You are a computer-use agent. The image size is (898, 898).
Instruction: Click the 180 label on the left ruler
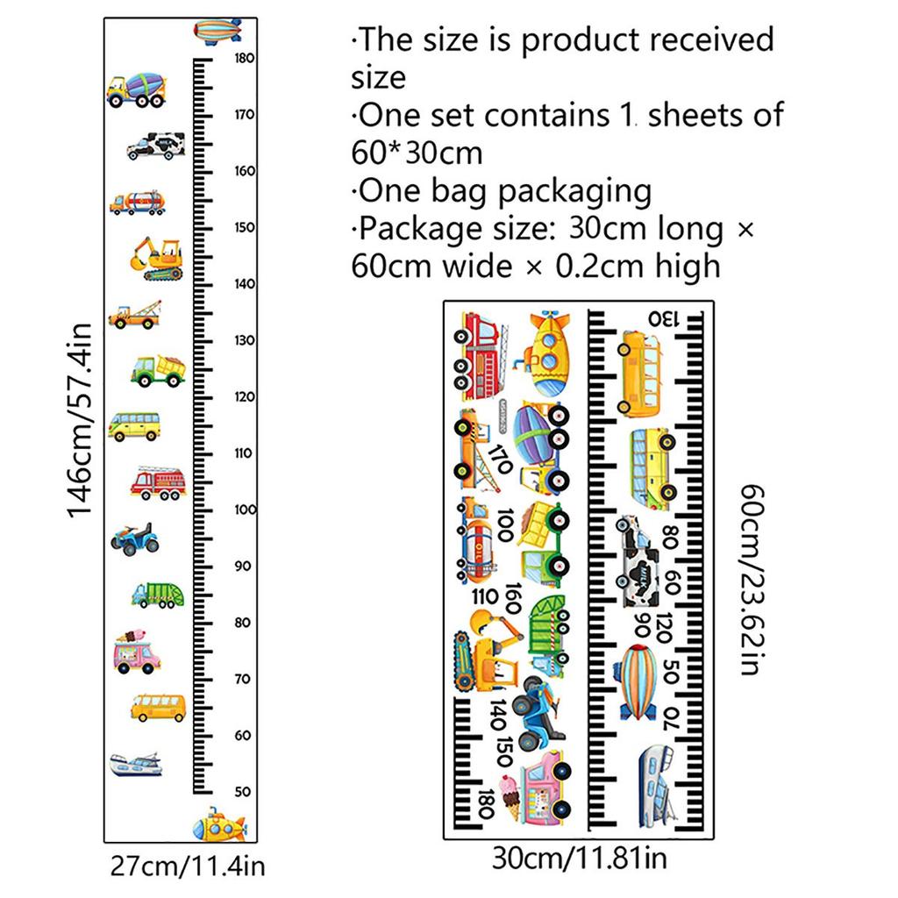244,59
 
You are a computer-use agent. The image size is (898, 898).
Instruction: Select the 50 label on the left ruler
243,791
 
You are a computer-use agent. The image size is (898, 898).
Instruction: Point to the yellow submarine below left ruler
219,825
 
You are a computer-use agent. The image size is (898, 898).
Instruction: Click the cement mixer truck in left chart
137,89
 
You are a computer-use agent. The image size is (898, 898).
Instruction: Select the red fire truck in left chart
159,481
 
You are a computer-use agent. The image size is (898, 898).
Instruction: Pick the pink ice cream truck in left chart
137,652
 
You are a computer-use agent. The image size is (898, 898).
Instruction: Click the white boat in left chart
136,764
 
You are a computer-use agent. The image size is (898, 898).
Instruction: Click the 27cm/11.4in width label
188,867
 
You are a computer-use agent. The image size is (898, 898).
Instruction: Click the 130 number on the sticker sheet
664,317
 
